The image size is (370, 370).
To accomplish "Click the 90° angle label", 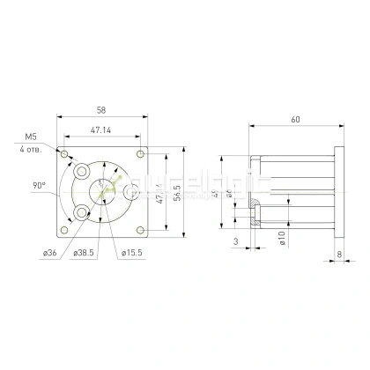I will pyautogui.click(x=39, y=186).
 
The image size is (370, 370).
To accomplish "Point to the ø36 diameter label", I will pyautogui.click(x=49, y=254).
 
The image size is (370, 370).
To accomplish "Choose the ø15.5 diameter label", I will pyautogui.click(x=132, y=254).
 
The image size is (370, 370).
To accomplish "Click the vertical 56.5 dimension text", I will pyautogui.click(x=176, y=192).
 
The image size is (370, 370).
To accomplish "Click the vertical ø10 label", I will pyautogui.click(x=281, y=239).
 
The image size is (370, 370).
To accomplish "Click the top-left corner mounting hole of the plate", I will pyautogui.click(x=65, y=154).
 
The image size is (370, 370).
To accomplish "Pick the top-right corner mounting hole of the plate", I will pyautogui.click(x=141, y=154).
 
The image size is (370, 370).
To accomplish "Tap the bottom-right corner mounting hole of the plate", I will pyautogui.click(x=141, y=230).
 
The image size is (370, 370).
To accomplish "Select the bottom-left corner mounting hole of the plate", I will pyautogui.click(x=65, y=230).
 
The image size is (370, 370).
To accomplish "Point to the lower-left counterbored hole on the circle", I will pyautogui.click(x=82, y=212).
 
